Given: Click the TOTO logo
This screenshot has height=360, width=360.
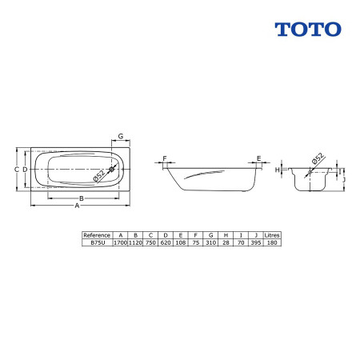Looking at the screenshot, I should [308, 29].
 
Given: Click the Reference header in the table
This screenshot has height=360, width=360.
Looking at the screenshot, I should [97, 235].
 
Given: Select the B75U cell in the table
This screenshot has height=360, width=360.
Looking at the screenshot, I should [97, 242].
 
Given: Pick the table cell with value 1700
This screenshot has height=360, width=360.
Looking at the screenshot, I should [121, 242].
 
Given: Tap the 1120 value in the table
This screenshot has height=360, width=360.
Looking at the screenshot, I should [136, 242].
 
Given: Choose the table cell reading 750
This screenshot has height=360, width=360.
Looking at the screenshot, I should [151, 242].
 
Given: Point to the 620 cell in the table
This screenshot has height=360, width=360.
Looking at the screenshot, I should [166, 242].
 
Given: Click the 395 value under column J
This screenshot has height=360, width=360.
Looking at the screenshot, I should [255, 242].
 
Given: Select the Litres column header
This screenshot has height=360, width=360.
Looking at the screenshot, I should [272, 235].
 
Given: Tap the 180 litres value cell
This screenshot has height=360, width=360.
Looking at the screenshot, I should [272, 242].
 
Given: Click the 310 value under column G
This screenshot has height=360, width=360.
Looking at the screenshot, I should [210, 242].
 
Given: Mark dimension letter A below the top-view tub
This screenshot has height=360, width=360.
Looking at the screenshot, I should [77, 206].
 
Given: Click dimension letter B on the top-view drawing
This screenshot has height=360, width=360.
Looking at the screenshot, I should [81, 198].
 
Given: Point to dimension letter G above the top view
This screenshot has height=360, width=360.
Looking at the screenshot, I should [120, 136].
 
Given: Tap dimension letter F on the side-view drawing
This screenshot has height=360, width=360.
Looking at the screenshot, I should [166, 158].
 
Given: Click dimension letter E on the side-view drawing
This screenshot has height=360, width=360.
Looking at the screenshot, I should [258, 158].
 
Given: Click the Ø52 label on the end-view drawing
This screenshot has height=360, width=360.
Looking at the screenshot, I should [317, 159].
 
